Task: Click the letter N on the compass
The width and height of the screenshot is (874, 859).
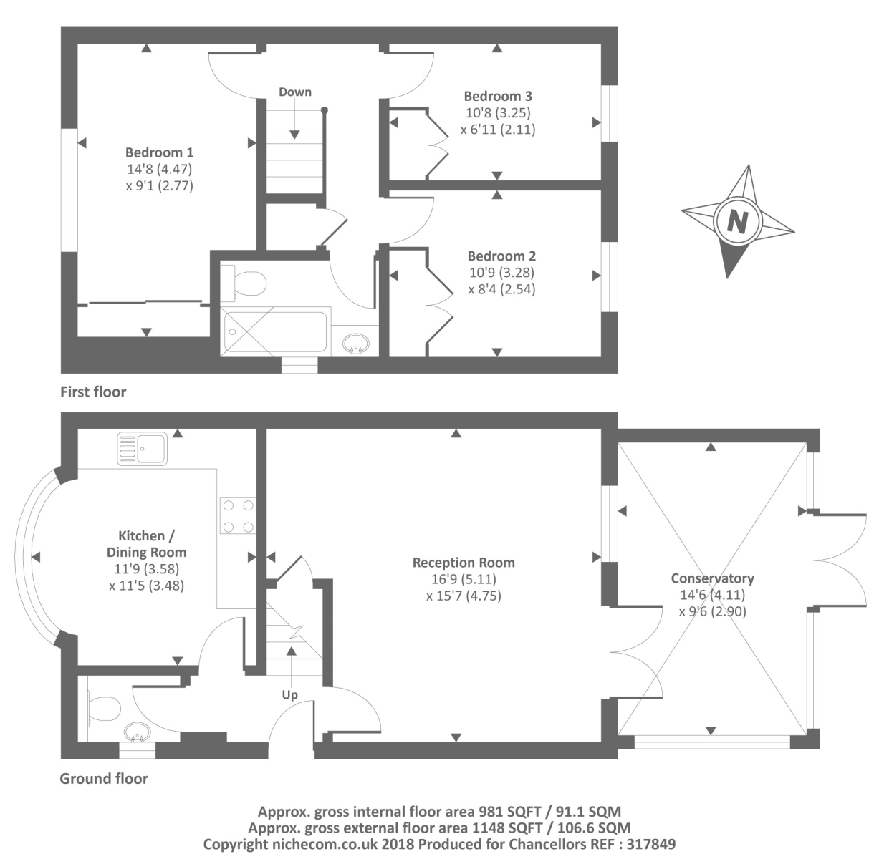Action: (736, 222)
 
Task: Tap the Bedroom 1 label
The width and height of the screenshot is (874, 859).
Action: (159, 152)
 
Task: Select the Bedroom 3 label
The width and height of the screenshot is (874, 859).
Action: (498, 96)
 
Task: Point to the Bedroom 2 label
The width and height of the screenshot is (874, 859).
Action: (501, 256)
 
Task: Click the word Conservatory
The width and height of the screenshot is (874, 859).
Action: (712, 578)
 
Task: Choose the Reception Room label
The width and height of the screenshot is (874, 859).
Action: (464, 563)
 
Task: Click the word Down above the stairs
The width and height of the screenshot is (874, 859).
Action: (295, 92)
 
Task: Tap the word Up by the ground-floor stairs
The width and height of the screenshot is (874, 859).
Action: (290, 695)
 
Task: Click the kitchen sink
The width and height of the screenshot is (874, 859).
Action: (142, 449)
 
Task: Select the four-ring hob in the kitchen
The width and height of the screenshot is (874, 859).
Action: (239, 515)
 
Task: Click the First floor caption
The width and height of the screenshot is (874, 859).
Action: (93, 392)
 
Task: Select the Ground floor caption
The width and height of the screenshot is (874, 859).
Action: (104, 779)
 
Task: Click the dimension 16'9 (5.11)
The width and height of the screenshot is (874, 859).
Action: (464, 579)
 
